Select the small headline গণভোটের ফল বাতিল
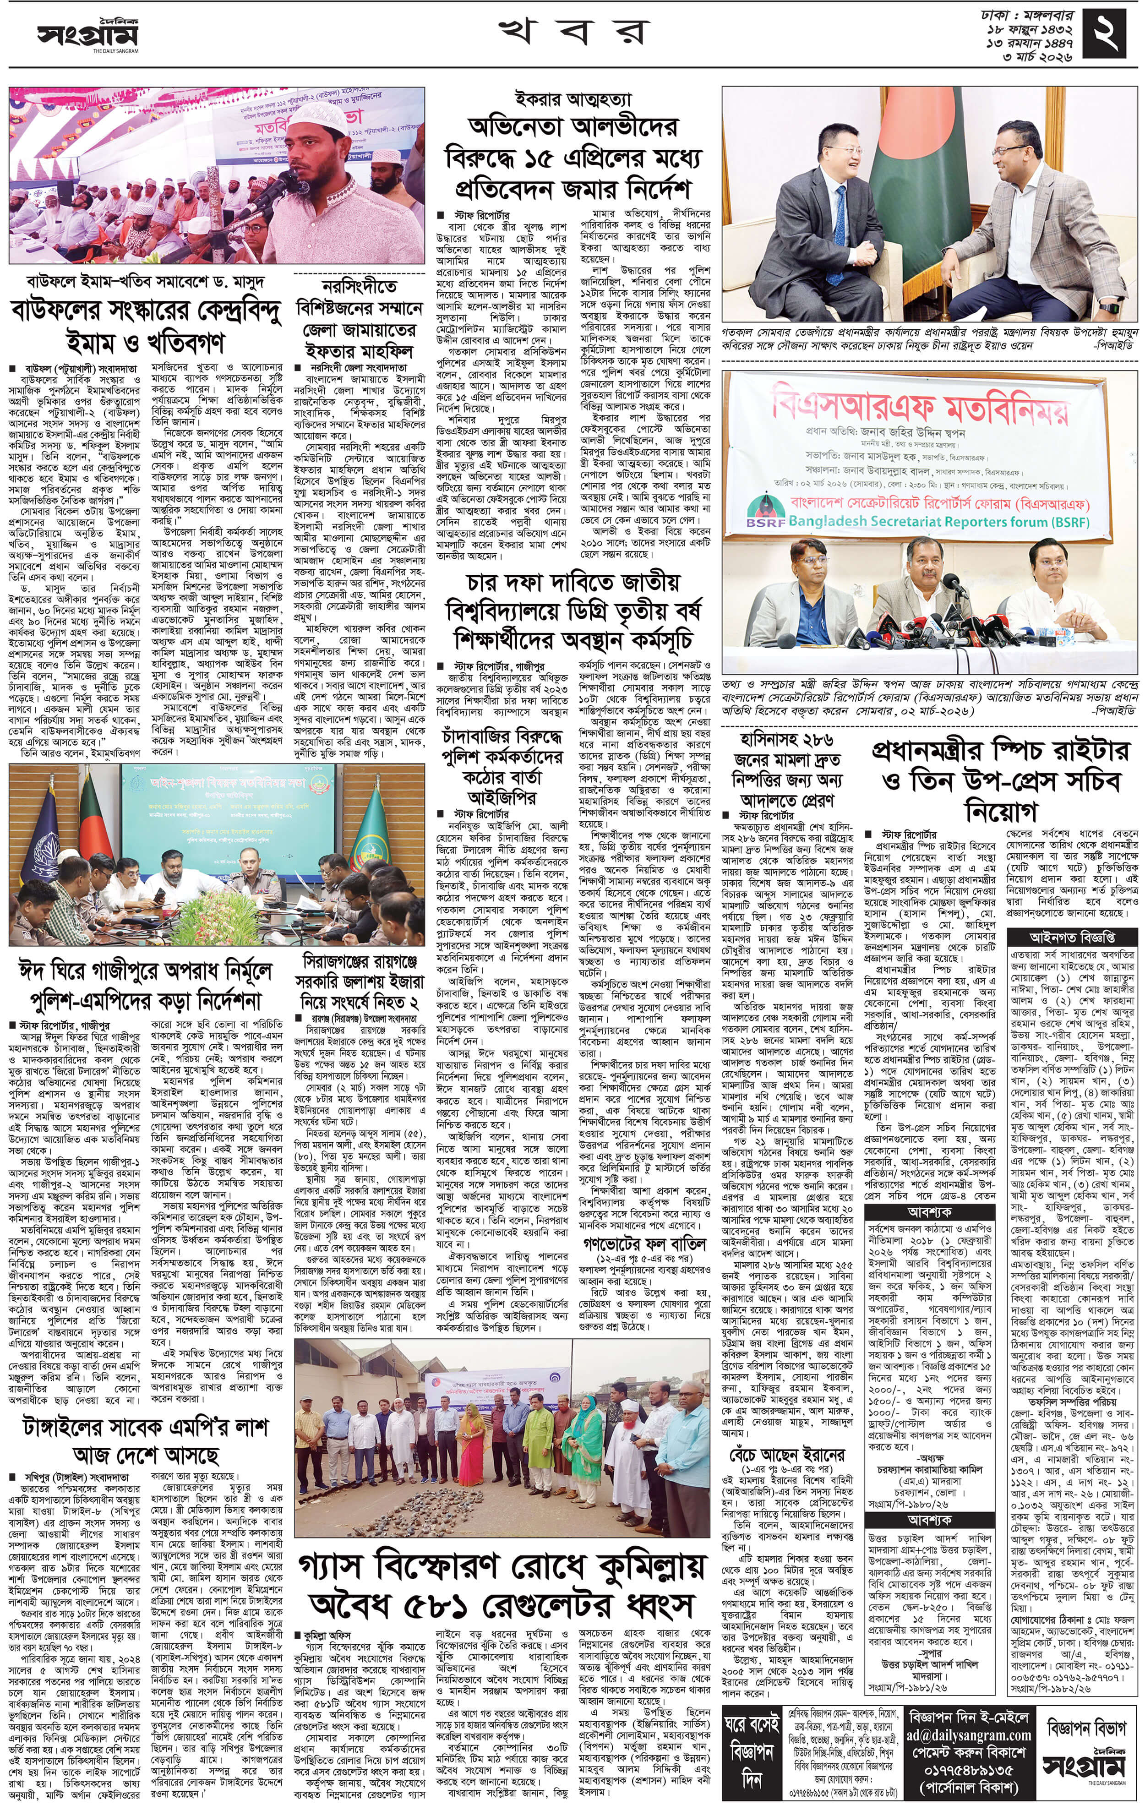pos(644,1243)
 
